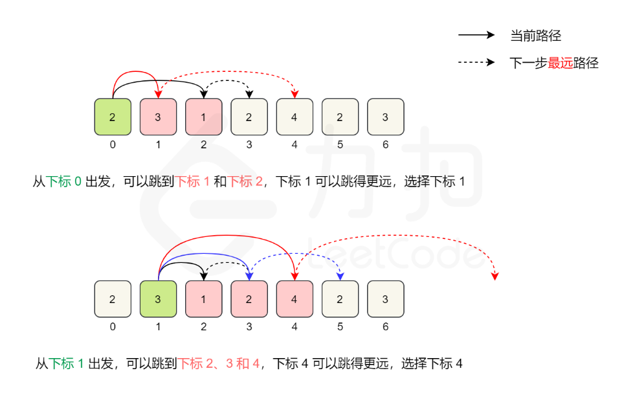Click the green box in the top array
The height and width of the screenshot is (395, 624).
pos(113,117)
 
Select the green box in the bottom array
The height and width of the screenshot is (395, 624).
pos(158,299)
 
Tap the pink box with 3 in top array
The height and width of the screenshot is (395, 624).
pos(158,117)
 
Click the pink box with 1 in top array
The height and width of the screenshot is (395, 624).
pos(203,117)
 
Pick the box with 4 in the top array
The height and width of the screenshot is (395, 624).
pos(295,117)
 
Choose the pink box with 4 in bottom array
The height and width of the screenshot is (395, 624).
pos(295,299)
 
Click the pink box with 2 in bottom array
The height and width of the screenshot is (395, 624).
pos(249,299)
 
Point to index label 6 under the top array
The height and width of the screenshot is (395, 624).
pos(385,144)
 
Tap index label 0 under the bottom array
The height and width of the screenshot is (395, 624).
pos(113,327)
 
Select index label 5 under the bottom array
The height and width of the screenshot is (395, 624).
pos(340,327)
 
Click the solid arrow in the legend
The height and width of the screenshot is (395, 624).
pos(476,36)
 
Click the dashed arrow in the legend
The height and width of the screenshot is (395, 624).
pos(476,63)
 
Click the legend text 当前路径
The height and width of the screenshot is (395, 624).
pos(535,36)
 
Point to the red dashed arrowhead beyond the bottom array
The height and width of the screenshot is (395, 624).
pos(495,276)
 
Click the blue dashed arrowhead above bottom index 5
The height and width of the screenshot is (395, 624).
pos(340,277)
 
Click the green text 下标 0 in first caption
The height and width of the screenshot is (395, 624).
pos(64,181)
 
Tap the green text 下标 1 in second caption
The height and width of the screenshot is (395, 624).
pos(67,364)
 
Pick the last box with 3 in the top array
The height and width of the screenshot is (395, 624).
pos(385,117)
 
